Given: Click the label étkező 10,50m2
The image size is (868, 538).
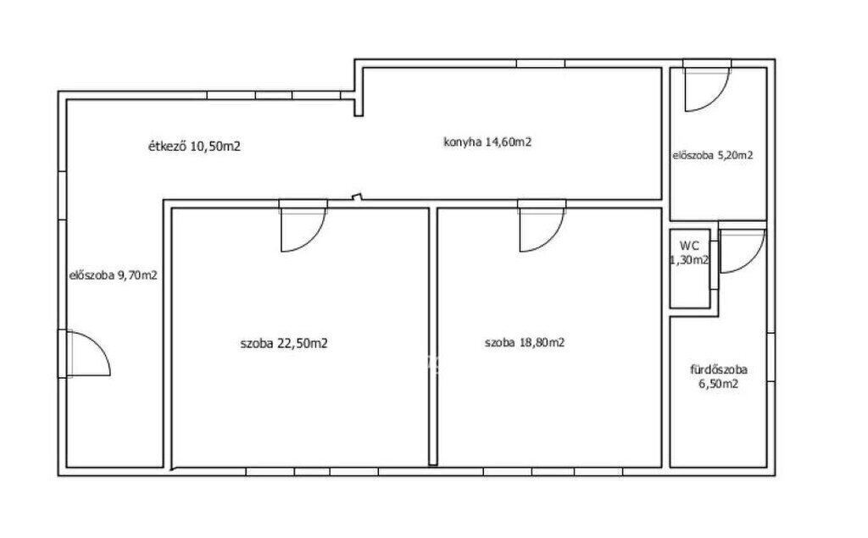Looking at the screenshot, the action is [x=194, y=147].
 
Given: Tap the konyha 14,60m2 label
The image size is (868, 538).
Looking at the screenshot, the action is [x=487, y=142].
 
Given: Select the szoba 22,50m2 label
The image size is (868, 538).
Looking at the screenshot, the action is [x=284, y=344].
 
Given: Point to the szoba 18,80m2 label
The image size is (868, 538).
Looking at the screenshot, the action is [x=525, y=342].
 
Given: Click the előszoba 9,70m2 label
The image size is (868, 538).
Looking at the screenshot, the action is [x=114, y=275].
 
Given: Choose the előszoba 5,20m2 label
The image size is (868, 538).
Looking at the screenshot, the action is [x=713, y=156].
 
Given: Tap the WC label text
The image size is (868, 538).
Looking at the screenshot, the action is [x=689, y=246].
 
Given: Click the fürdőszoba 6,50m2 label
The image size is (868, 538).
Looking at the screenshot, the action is [x=719, y=377].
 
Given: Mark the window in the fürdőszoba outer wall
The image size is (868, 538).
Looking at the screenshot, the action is [x=771, y=358].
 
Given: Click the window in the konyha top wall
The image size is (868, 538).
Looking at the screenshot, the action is [x=541, y=64].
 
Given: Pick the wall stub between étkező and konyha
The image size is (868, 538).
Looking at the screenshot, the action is [x=359, y=104].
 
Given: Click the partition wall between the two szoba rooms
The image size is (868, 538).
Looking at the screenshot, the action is [x=433, y=336].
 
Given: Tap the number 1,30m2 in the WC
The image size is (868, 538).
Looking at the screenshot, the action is [x=690, y=259].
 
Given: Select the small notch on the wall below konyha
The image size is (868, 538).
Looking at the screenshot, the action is [x=357, y=197].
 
